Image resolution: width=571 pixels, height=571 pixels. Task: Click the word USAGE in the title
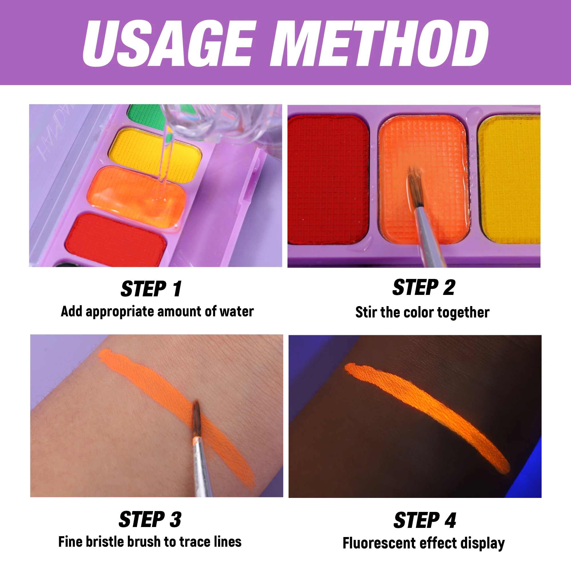[x=168, y=44]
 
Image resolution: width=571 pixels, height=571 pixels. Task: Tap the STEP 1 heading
[x=151, y=289]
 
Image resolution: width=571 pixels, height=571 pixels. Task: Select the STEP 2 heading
[x=423, y=287]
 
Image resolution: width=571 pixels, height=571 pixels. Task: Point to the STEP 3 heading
[x=150, y=519]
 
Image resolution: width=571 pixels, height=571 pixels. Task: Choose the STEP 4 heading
[x=425, y=520]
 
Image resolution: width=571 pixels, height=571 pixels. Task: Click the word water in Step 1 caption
[x=236, y=311]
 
